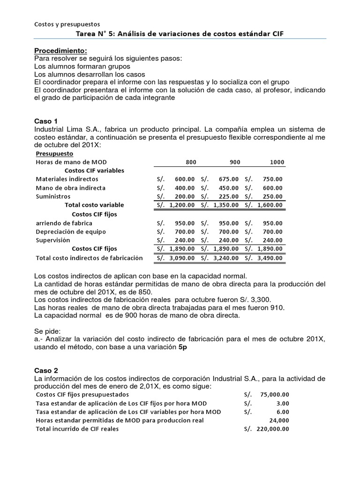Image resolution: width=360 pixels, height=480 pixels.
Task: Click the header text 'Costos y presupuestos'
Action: click(x=67, y=24)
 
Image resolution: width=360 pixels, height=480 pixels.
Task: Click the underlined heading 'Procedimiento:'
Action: click(x=60, y=51)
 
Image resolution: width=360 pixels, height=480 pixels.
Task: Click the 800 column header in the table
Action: click(x=191, y=162)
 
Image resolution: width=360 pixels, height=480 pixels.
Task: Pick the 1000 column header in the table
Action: click(x=277, y=162)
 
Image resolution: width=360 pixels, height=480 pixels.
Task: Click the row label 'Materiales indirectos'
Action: click(x=67, y=179)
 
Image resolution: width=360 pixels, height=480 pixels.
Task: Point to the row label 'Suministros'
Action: click(x=53, y=196)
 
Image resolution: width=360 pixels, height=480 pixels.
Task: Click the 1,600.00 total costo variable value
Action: click(x=270, y=205)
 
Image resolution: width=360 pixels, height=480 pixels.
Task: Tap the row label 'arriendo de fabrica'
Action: click(x=64, y=223)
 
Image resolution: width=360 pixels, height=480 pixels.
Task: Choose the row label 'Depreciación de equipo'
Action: click(x=71, y=232)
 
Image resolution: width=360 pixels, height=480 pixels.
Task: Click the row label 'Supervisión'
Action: click(x=53, y=240)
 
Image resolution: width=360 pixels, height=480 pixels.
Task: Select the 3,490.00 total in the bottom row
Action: click(x=270, y=258)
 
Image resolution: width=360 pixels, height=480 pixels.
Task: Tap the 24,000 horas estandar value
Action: click(x=279, y=420)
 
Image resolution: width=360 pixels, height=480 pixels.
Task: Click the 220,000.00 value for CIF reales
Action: click(x=272, y=428)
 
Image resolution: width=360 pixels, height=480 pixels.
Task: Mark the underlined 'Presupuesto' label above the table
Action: click(x=54, y=153)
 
